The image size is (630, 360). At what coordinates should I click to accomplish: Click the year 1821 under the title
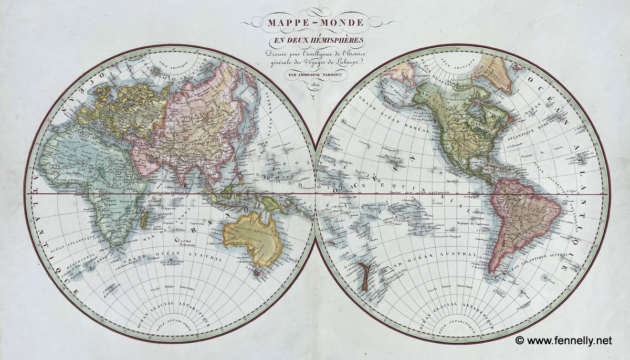(315, 83)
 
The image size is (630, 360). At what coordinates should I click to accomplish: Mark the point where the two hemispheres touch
(315, 194)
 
